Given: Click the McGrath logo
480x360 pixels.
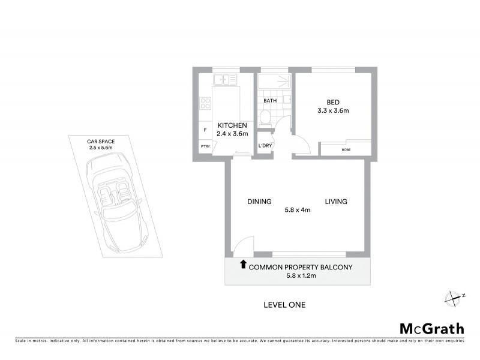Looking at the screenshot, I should coord(432,328).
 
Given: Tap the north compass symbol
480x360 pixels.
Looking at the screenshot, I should coord(454,296).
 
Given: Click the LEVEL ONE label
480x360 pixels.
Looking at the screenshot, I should coord(284,305).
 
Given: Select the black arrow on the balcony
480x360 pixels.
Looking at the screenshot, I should coord(242,263).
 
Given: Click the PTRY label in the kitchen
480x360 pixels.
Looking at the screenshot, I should coord(205,146).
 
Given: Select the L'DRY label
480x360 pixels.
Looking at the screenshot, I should coord(264,146).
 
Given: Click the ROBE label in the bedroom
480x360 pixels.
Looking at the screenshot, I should coord(346,149).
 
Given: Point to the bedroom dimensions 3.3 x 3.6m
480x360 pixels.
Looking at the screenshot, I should coord(333,111).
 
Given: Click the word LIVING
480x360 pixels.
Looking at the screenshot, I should coord(336,202).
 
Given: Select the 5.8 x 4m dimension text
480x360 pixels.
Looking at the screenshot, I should coord(298,211).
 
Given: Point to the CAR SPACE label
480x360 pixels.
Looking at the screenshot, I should coord(101,141).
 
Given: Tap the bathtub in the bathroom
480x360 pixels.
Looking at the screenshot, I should coord(274,82).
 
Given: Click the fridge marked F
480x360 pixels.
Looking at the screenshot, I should coord(205,130).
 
